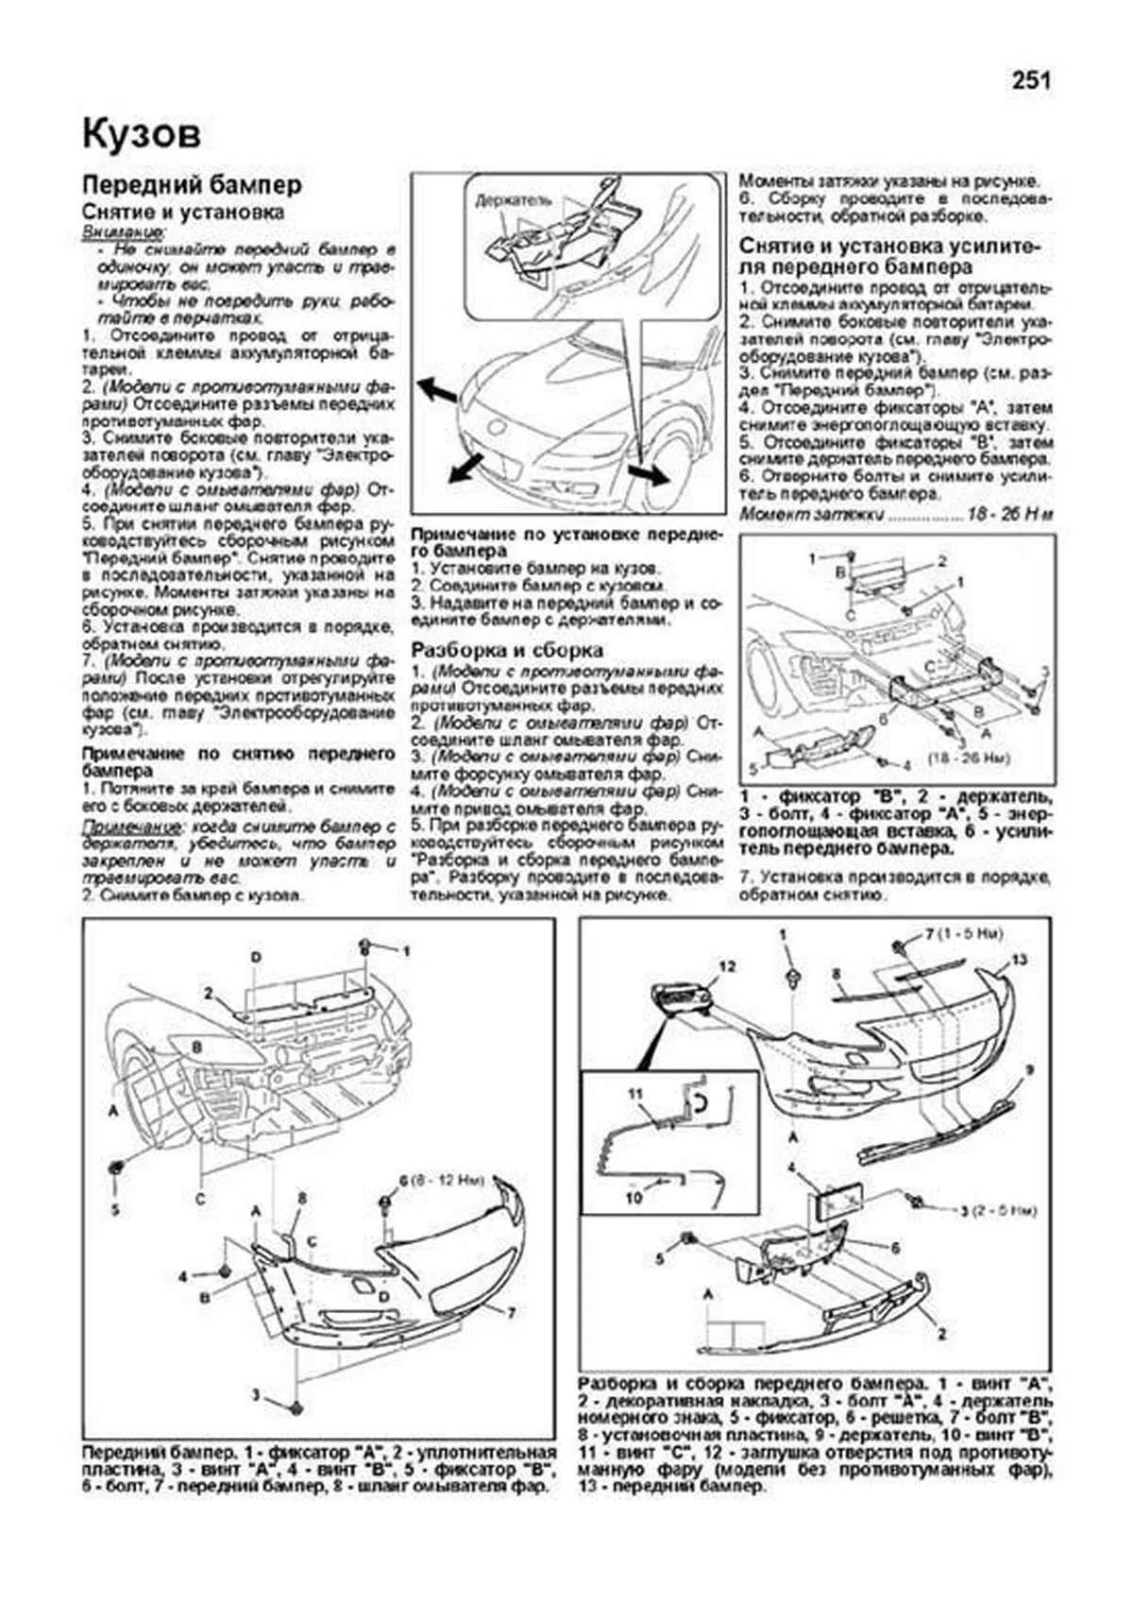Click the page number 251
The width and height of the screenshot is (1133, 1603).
click(x=1031, y=81)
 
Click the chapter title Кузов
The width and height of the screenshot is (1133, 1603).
click(x=142, y=134)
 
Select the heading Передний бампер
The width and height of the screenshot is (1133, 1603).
click(x=192, y=184)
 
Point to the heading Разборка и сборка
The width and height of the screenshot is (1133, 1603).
click(x=508, y=650)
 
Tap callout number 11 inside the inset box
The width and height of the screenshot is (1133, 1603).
click(x=635, y=1094)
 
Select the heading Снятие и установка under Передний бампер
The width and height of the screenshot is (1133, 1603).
click(x=182, y=213)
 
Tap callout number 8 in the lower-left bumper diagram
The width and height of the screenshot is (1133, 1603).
click(x=302, y=1198)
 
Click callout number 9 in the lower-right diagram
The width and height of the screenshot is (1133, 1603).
click(x=1029, y=1068)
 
